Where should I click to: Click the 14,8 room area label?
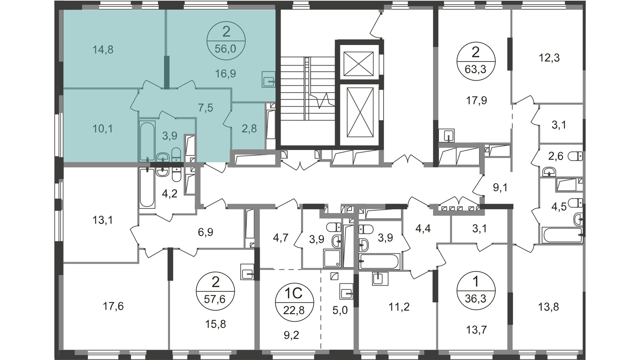103,50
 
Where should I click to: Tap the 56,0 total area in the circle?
225,49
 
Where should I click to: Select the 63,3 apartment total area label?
476,69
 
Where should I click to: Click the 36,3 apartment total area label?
476,298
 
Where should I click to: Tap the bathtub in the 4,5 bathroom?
562,235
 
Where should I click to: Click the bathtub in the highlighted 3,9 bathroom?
147,141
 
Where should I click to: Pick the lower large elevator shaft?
360,113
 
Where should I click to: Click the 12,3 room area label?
549,58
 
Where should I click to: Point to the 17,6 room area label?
113,306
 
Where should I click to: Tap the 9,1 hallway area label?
500,188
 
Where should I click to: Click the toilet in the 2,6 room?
576,156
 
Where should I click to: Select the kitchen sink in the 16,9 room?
268,80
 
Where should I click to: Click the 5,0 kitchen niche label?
340,310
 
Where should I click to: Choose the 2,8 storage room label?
249,128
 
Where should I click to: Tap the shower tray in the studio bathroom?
332,258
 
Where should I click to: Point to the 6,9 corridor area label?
205,232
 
